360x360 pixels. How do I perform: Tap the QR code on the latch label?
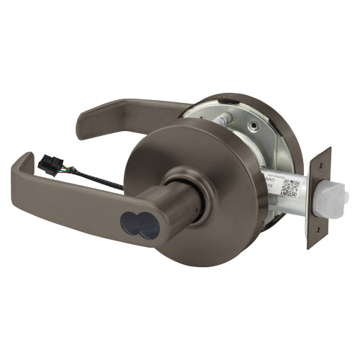[x=290, y=188]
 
